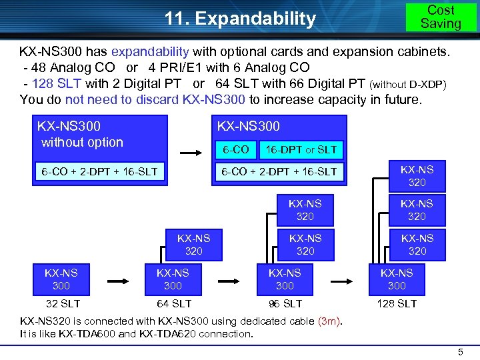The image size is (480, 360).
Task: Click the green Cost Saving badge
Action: pyautogui.click(x=441, y=17)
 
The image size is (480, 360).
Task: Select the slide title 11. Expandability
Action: pyautogui.click(x=241, y=19)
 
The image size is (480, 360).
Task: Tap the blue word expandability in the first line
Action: pyautogui.click(x=151, y=51)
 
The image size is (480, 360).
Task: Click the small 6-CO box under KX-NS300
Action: pyautogui.click(x=237, y=149)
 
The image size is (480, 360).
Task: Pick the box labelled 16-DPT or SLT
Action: pyautogui.click(x=301, y=149)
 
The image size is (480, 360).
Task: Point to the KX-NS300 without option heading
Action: pyautogui.click(x=81, y=133)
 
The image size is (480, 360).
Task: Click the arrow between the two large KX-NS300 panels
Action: pyautogui.click(x=191, y=153)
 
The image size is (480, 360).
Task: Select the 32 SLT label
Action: pyautogui.click(x=61, y=303)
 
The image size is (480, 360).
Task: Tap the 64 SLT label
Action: pyautogui.click(x=173, y=303)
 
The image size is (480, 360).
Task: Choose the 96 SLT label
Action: pyautogui.click(x=285, y=303)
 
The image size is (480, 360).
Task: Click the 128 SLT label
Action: pyautogui.click(x=397, y=303)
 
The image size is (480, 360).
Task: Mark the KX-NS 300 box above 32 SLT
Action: pyautogui.click(x=61, y=279)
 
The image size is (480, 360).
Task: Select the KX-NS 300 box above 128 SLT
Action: pyautogui.click(x=397, y=279)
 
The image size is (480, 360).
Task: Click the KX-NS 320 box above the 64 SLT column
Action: pyautogui.click(x=194, y=244)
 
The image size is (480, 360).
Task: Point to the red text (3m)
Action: pyautogui.click(x=329, y=321)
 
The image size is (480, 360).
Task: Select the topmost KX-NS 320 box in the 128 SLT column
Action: pyautogui.click(x=417, y=175)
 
